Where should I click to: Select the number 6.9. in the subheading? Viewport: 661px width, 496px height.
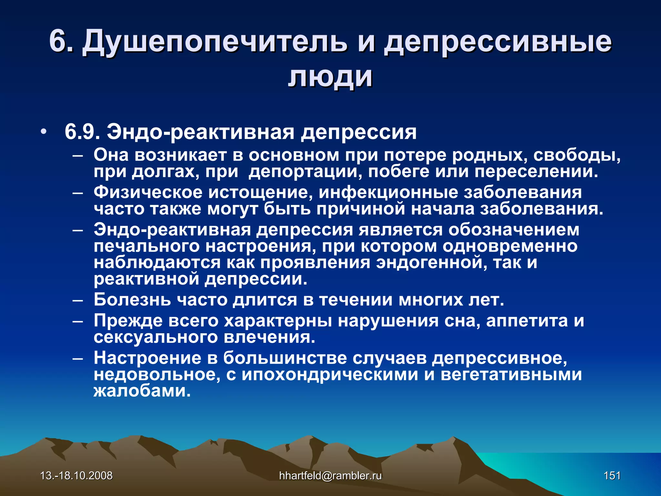(82, 132)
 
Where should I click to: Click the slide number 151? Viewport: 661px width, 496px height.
(612, 476)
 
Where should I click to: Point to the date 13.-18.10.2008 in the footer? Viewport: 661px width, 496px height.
(76, 476)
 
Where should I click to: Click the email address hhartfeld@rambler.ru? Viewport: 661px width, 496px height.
(330, 476)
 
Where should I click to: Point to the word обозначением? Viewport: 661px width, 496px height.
(514, 230)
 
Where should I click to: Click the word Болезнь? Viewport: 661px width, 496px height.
(132, 300)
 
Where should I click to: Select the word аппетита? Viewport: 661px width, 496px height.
(527, 321)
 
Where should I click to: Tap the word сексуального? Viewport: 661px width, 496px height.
(156, 337)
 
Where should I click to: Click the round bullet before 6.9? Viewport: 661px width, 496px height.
(44, 132)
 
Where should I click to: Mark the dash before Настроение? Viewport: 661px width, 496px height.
(78, 358)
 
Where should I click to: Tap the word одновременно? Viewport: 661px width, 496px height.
(510, 246)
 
